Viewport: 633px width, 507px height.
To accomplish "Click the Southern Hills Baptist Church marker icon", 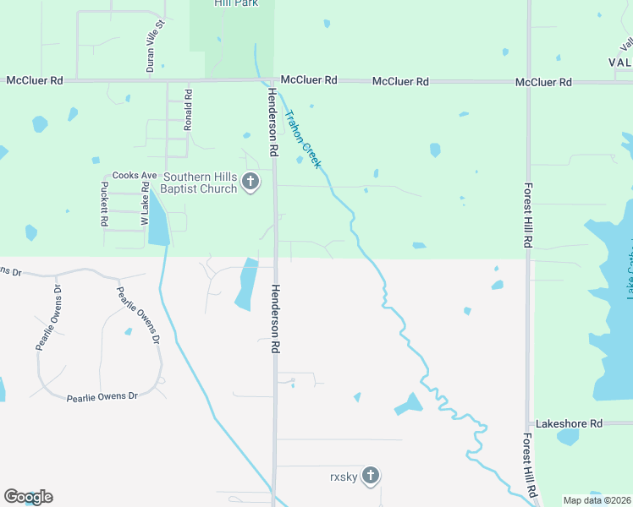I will tap(250, 182).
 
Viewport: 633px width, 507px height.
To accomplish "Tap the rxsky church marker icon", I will tap(370, 476).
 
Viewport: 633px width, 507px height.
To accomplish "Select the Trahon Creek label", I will tap(303, 139).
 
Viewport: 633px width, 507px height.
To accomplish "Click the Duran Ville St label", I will tap(150, 52).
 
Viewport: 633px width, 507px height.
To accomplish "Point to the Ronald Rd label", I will tap(189, 110).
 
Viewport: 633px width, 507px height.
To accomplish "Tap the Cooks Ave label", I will tap(135, 175).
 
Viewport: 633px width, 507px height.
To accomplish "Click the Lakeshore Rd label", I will tap(569, 422).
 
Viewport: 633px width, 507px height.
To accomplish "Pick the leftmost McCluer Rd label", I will tap(35, 80).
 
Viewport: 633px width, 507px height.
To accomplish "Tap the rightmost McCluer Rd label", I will tap(544, 82).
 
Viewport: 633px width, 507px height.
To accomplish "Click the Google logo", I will tap(28, 496).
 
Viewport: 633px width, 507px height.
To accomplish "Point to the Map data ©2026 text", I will tap(596, 500).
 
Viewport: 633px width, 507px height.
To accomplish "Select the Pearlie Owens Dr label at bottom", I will tap(102, 395).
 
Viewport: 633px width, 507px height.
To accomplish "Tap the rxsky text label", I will tap(344, 477).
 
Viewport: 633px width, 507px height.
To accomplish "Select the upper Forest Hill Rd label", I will tap(527, 215).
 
